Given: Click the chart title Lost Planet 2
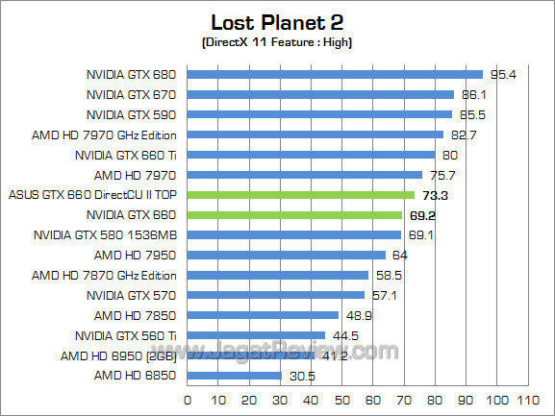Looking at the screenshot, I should (x=277, y=22).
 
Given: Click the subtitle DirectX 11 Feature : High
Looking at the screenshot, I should (x=278, y=44).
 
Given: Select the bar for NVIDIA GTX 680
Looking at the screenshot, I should (x=334, y=74).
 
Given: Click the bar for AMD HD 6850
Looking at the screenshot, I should (x=234, y=376).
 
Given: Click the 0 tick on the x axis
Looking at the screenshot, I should (x=187, y=399).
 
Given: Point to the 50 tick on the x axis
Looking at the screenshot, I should (x=341, y=399).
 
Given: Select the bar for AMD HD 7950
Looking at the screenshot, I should (x=286, y=255).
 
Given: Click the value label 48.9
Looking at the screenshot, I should (x=358, y=315).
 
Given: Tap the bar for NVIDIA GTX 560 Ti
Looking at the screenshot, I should (x=255, y=335).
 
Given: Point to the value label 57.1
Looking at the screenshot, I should (x=383, y=295).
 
